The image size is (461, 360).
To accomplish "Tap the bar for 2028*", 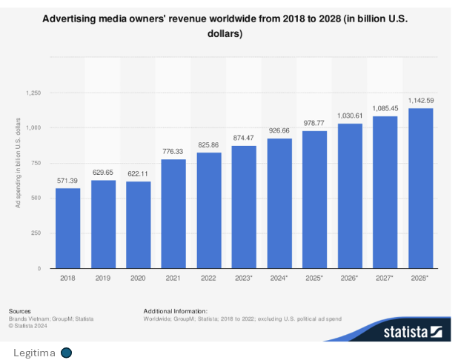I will [x=420, y=188].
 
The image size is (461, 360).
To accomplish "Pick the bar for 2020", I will [x=138, y=225].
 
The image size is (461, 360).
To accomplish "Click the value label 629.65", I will [x=103, y=173].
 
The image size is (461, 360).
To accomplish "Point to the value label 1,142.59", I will [x=420, y=101].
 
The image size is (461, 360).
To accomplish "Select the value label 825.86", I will [x=208, y=145].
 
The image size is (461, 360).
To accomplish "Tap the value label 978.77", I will [x=314, y=124].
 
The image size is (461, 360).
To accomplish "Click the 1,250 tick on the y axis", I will [x=33, y=93].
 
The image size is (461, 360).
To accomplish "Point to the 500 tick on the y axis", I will [x=36, y=199].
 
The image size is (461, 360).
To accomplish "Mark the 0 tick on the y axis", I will [x=39, y=268].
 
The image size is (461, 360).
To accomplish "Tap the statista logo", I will [x=412, y=332].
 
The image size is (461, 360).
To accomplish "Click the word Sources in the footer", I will [x=20, y=311].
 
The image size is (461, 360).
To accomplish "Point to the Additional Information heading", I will [x=175, y=311].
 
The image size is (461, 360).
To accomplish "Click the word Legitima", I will [x=34, y=352].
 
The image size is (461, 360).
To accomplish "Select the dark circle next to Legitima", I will [x=66, y=352].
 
